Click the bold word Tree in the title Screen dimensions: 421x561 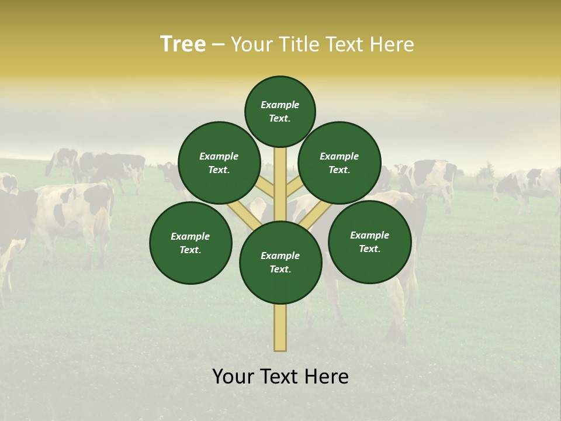183,44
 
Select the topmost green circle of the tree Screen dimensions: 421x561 280,111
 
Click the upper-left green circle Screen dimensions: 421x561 219,163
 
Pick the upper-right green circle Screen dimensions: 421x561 340,163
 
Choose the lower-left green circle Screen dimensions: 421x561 191,243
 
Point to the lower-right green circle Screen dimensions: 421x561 370,241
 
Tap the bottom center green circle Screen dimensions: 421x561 280,263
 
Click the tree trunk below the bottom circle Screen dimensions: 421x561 280,327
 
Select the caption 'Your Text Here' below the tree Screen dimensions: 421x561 280,377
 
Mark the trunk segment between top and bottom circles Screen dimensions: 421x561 280,181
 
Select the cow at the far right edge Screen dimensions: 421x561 529,184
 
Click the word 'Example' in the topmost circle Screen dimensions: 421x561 280,105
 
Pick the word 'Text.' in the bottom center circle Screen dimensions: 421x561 280,270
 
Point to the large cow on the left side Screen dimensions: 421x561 64,216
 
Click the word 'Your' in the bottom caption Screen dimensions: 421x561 232,377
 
